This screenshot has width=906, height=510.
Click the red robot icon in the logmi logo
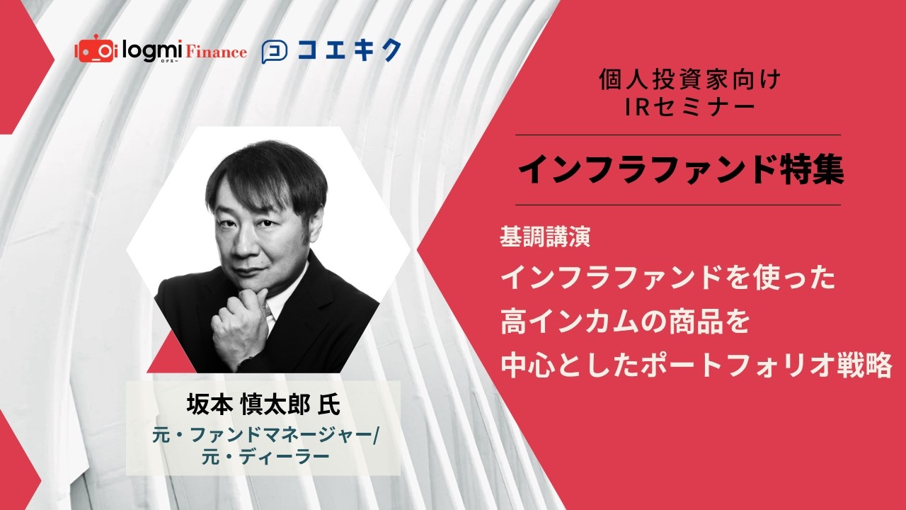(94, 50)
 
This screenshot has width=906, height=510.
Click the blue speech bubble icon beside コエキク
(274, 52)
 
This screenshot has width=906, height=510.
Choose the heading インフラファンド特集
(680, 171)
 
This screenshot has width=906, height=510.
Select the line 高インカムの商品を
(624, 323)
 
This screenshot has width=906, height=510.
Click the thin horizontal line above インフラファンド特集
(677, 135)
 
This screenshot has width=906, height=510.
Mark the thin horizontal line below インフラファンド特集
(677, 205)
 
